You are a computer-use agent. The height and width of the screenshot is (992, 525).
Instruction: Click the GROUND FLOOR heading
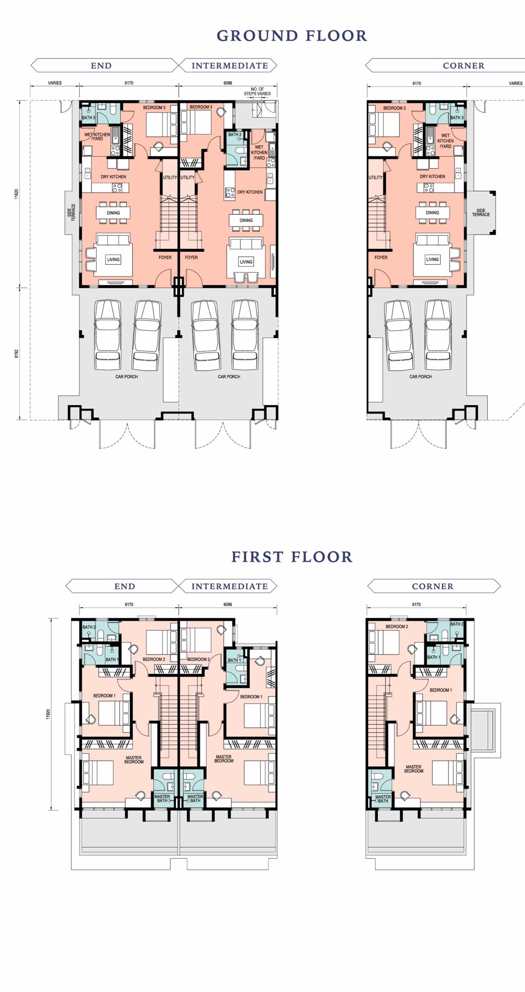(292, 36)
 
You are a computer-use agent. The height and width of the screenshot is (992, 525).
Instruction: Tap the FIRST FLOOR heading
(292, 557)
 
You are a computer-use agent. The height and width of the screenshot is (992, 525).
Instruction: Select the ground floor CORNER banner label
(464, 66)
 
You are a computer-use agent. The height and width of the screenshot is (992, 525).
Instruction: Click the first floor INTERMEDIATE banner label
(230, 586)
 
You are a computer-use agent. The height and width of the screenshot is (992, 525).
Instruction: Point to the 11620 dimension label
(17, 194)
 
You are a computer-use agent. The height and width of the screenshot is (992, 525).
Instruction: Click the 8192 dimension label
(17, 354)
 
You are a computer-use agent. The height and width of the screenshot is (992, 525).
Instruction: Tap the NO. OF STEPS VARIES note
(257, 91)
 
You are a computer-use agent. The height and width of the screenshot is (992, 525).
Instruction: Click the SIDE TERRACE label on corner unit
(481, 213)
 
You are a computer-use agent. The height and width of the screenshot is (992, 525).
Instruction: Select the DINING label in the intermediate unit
(246, 221)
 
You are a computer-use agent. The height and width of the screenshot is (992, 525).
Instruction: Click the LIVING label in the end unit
(113, 259)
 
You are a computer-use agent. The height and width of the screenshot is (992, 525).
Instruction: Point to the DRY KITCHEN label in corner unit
(432, 176)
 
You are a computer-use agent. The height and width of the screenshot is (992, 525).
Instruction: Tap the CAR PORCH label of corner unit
(420, 376)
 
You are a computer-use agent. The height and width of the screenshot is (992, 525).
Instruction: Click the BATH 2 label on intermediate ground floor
(234, 135)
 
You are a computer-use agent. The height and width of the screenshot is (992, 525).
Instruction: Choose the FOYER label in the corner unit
(381, 257)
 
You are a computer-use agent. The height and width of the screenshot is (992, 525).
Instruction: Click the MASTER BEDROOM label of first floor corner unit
(413, 769)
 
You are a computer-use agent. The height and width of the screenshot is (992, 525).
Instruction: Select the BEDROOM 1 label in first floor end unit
(104, 696)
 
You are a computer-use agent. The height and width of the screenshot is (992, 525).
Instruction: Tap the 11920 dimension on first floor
(48, 714)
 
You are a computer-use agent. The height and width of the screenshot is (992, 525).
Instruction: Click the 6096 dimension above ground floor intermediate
(228, 83)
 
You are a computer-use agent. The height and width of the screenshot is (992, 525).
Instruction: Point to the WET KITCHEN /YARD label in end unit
(97, 137)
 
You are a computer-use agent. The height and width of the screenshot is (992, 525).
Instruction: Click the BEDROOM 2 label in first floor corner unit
(397, 627)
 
